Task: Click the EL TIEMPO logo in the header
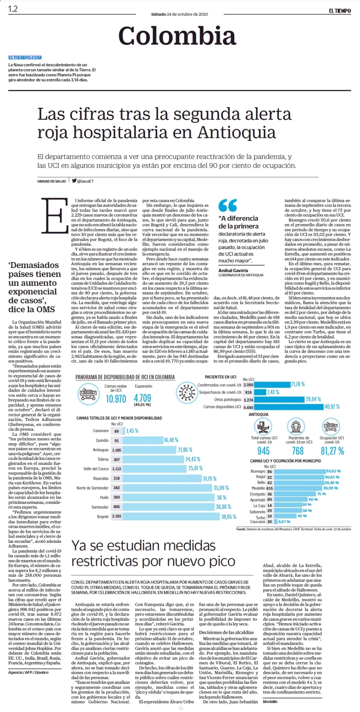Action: pos(340,11)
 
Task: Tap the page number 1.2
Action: pos(13,9)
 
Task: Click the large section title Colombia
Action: pos(177,36)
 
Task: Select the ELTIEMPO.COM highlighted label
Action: pos(25,58)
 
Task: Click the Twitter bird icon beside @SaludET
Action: pos(74,181)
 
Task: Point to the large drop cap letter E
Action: pos(55,215)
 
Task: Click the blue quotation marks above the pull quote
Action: pos(228,205)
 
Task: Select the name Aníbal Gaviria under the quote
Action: pos(233,270)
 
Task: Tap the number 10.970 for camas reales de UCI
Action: pos(116,399)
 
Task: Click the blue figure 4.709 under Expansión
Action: pos(142,398)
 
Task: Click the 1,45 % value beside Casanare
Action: pos(132,431)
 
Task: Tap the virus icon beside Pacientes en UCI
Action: pos(187,392)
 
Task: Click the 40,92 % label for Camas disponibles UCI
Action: pos(332,407)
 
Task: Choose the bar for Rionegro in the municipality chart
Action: pos(300,471)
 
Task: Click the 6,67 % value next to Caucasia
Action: pos(284,522)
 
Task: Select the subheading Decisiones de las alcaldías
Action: pos(226,632)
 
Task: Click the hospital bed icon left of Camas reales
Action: pos(89,394)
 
